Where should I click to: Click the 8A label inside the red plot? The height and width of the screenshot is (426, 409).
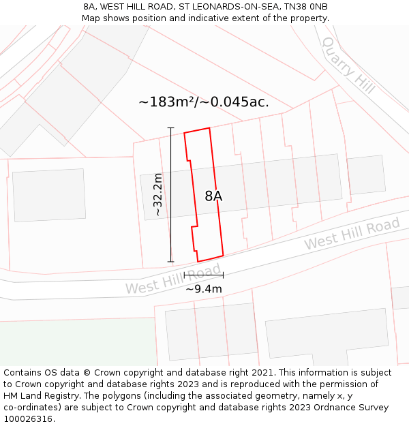coord(213,196)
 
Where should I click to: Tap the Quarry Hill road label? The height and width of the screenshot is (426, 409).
coord(348,65)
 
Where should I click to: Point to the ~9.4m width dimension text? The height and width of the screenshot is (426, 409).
coord(204,288)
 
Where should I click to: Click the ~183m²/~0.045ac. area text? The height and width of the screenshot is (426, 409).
coord(204,102)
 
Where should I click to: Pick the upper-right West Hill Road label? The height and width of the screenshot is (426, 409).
coord(352,234)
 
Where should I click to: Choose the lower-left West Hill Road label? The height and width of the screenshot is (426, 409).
coord(174,279)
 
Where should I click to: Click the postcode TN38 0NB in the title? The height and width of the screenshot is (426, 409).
coord(303,7)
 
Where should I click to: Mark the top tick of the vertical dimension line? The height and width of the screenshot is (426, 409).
coord(170,128)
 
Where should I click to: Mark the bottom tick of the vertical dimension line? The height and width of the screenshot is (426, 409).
coord(170,261)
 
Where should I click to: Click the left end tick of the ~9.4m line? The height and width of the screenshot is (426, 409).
coord(185,275)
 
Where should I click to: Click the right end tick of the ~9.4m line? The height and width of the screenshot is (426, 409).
coord(223,275)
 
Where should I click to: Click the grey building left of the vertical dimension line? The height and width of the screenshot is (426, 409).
coord(49,195)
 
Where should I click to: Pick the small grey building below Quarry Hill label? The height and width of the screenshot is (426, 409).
coord(366,174)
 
